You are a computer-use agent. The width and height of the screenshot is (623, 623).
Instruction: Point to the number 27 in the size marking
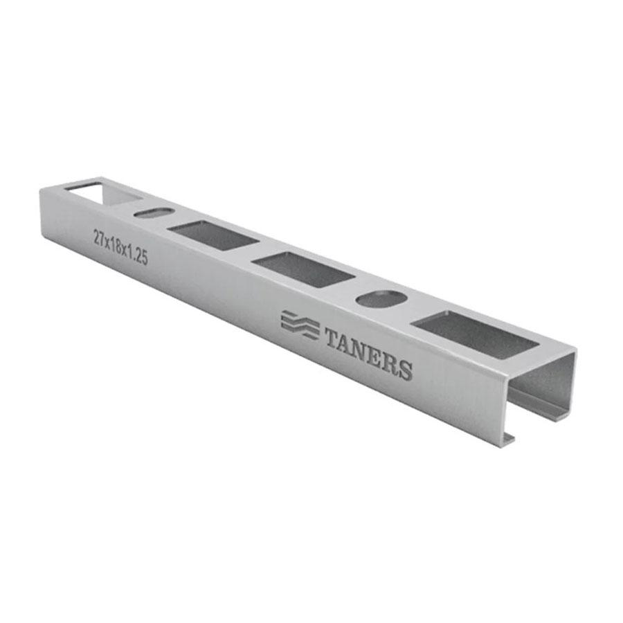coord(98,237)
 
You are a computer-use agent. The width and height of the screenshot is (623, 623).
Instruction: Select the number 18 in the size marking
coord(116,246)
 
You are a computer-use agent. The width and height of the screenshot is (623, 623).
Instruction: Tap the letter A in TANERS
coord(350,345)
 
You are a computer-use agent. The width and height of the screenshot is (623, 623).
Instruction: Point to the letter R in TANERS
coord(391,363)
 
